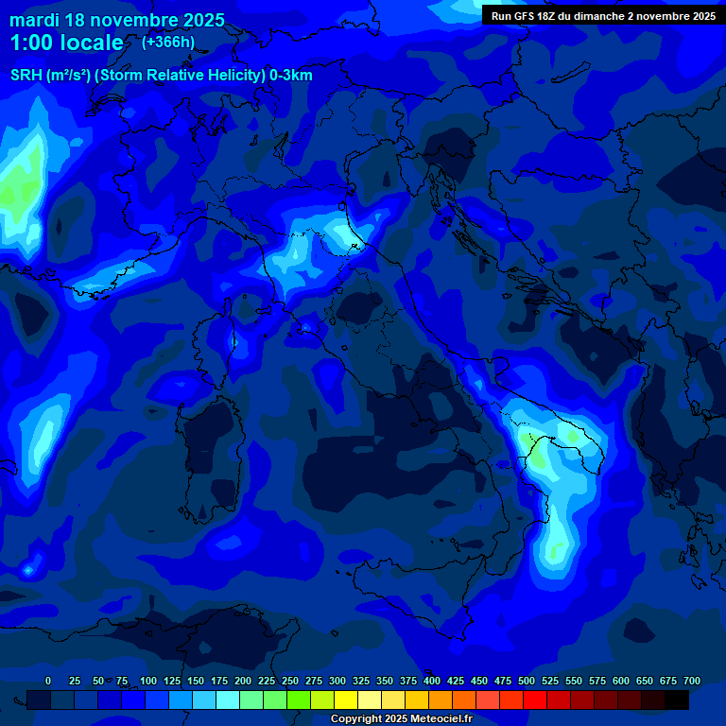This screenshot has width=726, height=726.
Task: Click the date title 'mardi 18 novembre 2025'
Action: click(117, 20)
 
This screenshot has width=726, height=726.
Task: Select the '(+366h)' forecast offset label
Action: click(168, 42)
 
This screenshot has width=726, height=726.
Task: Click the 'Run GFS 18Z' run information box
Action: click(603, 15)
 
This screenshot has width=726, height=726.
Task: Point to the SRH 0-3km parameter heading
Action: click(162, 75)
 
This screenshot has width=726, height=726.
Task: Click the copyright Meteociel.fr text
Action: click(401, 718)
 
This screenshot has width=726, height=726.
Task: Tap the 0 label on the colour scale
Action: click(48, 681)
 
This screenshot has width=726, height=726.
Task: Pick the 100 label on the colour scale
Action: click(148, 681)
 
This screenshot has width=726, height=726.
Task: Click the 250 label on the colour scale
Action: click(290, 681)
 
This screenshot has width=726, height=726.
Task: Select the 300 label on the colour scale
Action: click(337, 681)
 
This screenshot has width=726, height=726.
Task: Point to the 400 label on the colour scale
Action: click(432, 681)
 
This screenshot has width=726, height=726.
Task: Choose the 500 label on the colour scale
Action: click(527, 681)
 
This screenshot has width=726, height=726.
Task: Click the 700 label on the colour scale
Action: click(692, 681)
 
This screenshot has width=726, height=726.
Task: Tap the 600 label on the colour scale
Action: click(621, 681)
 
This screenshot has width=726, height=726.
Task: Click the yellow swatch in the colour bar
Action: click(346, 700)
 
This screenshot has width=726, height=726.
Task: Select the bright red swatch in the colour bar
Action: click(535, 700)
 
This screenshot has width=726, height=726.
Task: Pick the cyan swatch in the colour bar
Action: click(228, 700)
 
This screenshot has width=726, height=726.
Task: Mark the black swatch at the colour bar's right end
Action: click(677, 700)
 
